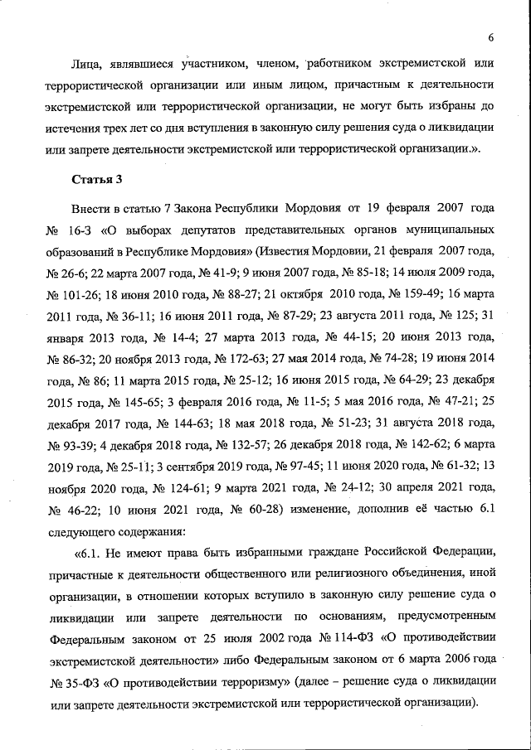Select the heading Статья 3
(x=98, y=179)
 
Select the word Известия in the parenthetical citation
(x=292, y=250)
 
